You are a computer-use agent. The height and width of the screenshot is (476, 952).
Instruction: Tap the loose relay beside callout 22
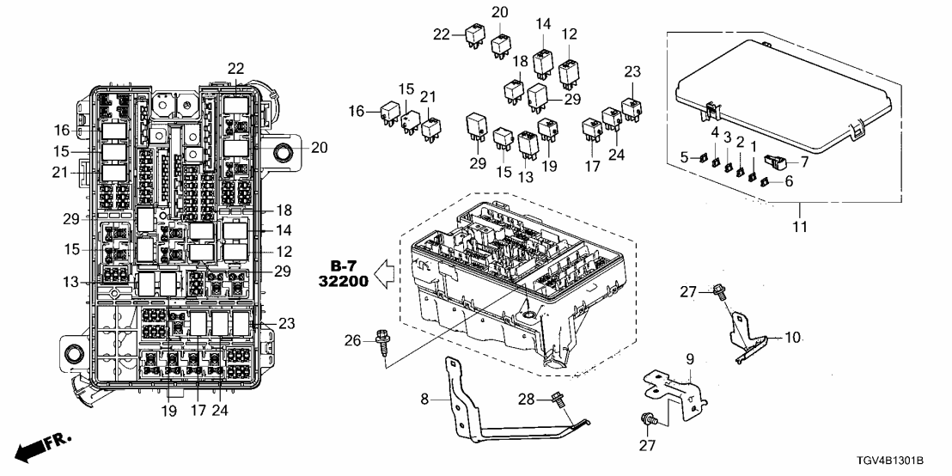point(473,35)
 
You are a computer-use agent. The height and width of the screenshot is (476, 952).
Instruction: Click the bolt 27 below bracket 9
point(647,420)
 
